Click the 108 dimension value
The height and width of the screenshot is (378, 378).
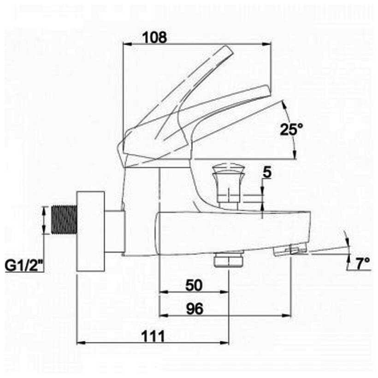coord(154,38)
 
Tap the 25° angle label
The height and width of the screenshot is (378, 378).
coord(291,130)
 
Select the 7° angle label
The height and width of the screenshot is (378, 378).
coord(363,263)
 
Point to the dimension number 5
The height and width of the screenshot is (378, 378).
coord(267,172)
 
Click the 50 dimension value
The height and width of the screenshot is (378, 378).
coord(194,285)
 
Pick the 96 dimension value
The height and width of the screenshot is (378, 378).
coord(195,309)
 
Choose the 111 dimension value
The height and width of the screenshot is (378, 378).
coord(153,337)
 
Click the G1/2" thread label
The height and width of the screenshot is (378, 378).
coord(24,266)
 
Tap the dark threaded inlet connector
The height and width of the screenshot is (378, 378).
coord(65,219)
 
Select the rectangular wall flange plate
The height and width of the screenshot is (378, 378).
coord(91,231)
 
